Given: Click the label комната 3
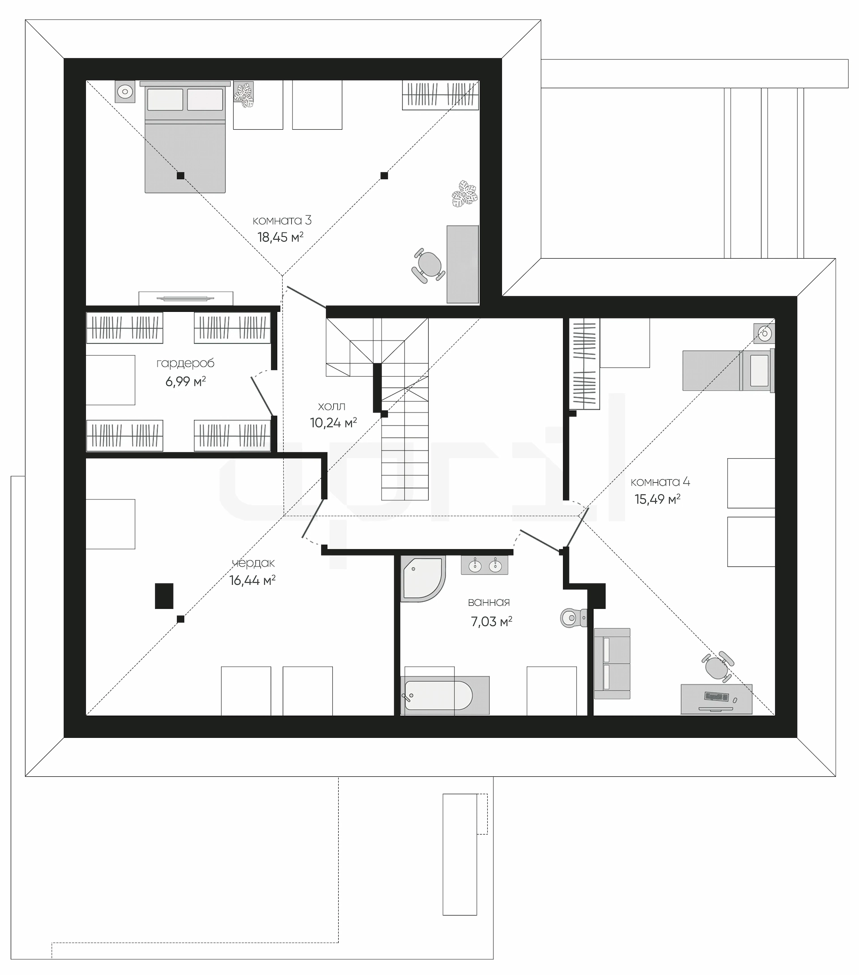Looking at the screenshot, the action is (282, 221).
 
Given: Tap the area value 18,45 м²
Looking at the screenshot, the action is (281, 237).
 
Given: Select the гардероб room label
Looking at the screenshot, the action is (186, 363).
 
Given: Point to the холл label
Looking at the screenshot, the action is (332, 406).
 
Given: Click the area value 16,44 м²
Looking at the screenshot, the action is (252, 580).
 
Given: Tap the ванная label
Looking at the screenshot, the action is (489, 602).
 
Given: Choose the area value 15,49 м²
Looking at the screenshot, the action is (657, 499).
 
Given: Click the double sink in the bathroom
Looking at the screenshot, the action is (485, 566).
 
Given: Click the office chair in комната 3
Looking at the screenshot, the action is (428, 266).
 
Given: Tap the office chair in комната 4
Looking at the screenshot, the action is (717, 667).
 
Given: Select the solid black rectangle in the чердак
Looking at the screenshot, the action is (164, 596).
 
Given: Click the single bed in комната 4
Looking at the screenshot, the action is (728, 370).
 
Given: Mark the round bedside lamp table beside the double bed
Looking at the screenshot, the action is (125, 91).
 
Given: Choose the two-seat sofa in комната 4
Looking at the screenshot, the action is (612, 664).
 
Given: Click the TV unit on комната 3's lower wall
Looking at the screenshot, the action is (186, 298).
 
